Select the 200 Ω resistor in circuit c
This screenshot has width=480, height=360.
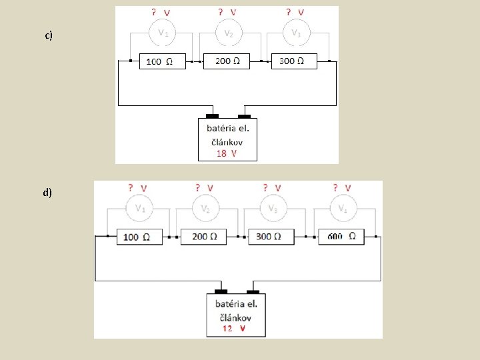click(225, 61)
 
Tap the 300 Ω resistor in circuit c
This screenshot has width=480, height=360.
click(293, 61)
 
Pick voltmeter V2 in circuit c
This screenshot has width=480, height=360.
click(228, 33)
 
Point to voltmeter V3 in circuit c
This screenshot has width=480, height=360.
click(295, 33)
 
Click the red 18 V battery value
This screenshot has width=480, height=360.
click(227, 153)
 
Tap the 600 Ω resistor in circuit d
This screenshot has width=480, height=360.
click(341, 237)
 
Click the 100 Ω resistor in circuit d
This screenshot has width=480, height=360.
click(139, 237)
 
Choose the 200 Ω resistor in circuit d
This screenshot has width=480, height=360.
click(203, 237)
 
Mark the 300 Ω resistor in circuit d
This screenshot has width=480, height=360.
click(271, 237)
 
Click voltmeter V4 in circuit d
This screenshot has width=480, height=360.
click(342, 208)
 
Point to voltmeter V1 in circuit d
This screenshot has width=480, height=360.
click(140, 208)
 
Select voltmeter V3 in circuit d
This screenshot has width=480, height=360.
click(273, 208)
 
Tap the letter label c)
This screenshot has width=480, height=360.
click(49, 35)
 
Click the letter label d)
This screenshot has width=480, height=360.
click(47, 193)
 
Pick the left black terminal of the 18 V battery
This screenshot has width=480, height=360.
click(212, 116)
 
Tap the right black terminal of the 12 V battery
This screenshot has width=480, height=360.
click(253, 291)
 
